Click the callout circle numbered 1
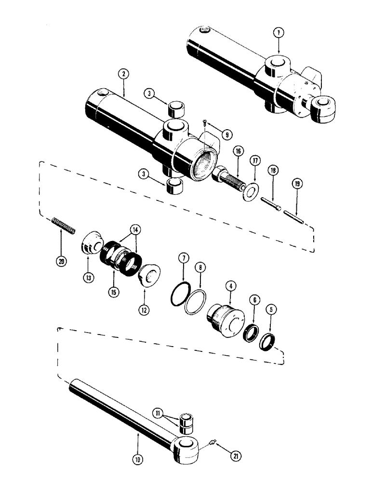click(279, 33)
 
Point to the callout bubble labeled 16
click(238, 151)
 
